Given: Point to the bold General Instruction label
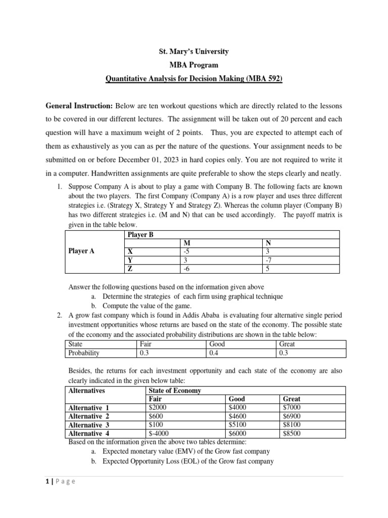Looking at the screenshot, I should (x=80, y=107).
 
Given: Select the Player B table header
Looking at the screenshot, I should (x=140, y=235).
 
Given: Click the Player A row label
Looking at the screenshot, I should (x=81, y=251).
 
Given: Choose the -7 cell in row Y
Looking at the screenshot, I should (x=268, y=260).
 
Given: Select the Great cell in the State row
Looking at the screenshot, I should (x=287, y=344).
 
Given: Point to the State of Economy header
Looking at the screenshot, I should (x=175, y=391).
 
